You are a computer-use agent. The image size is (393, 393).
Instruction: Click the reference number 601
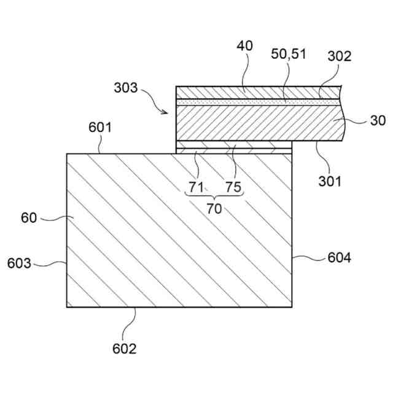[x=100, y=128]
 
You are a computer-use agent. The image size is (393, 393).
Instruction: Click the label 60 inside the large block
[x=29, y=217]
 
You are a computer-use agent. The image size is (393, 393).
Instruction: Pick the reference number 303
[x=125, y=87]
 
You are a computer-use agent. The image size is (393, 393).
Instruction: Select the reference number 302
[x=339, y=56]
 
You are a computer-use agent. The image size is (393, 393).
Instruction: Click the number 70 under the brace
[x=214, y=209]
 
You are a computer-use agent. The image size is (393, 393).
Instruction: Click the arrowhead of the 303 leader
[x=167, y=112]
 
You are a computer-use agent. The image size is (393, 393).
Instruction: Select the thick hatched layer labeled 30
[x=258, y=122]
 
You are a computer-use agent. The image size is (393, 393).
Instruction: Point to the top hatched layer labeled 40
[x=258, y=91]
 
